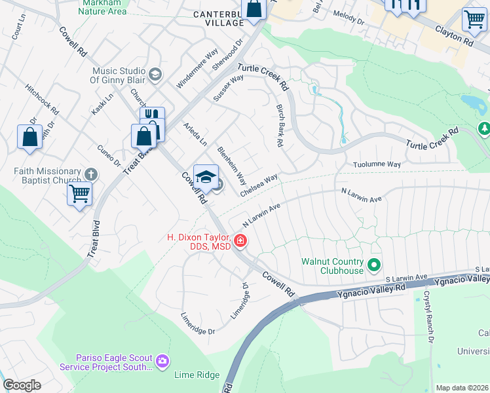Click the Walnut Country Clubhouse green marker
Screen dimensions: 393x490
tap(374, 265)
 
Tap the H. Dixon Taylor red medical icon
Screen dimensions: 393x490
tap(240, 242)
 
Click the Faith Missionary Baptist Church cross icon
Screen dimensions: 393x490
tap(91, 174)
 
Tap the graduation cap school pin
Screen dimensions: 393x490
tap(206, 178)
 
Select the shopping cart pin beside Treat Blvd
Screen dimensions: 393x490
tap(79, 194)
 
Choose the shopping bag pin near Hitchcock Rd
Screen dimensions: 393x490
tap(29, 138)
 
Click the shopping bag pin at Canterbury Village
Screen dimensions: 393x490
tap(253, 9)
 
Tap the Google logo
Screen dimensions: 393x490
tap(21, 385)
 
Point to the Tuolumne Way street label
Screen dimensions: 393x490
tap(376, 164)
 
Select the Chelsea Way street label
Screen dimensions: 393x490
tap(259, 185)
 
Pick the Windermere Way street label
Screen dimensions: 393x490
tap(197, 69)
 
